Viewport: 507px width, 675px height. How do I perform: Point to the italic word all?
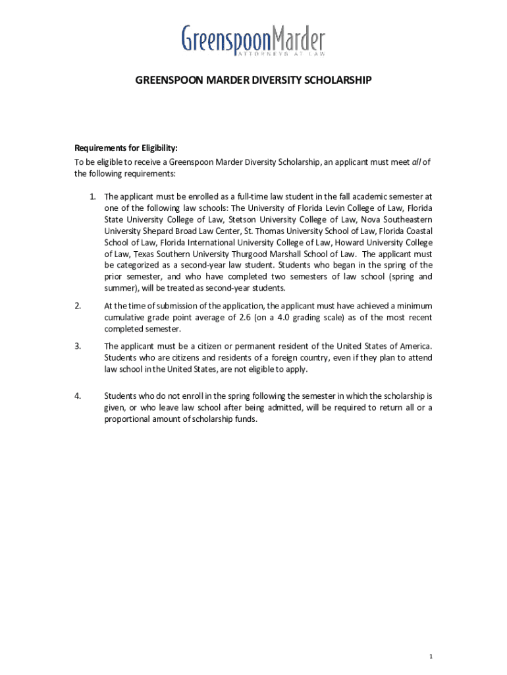point(417,162)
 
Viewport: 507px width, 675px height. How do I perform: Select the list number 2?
point(78,306)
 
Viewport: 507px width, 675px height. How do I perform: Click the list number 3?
point(78,346)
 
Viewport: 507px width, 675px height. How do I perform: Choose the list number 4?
point(78,396)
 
